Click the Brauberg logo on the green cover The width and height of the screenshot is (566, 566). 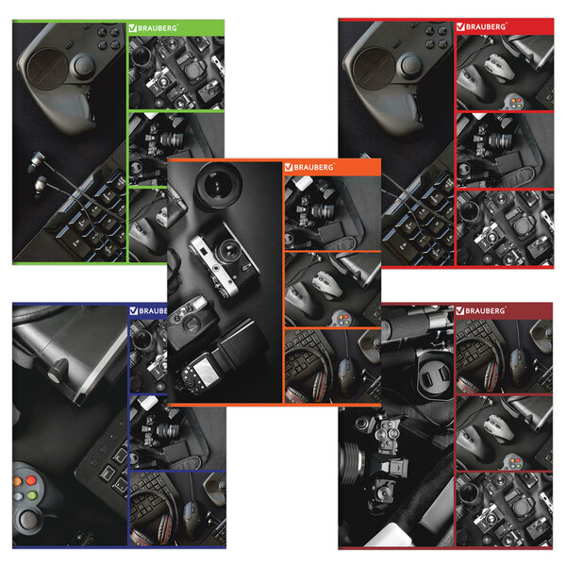[x=153, y=27]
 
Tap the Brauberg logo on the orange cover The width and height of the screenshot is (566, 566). [x=309, y=167]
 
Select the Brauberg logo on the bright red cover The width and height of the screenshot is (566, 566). [x=481, y=26]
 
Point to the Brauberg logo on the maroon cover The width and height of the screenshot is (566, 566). [x=480, y=310]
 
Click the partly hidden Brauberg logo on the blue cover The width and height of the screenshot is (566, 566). [x=148, y=310]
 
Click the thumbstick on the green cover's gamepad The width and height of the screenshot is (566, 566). [x=83, y=66]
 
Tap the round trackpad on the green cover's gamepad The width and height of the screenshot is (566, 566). [x=47, y=69]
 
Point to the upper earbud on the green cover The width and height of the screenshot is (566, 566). [x=37, y=160]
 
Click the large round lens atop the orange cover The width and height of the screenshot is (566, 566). [x=218, y=185]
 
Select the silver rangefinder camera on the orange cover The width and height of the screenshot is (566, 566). [x=224, y=258]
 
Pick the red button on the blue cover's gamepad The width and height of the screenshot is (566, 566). [x=30, y=480]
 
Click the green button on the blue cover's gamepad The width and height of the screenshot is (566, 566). [x=32, y=495]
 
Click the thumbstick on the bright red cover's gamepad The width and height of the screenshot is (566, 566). [x=409, y=65]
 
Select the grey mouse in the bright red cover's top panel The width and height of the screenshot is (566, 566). [x=498, y=68]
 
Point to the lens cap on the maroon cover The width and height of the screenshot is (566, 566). [x=435, y=380]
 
